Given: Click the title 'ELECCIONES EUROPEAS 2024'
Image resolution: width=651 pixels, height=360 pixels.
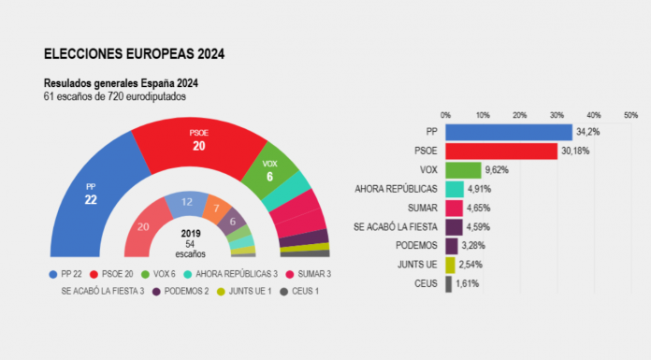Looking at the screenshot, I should tap(134, 54).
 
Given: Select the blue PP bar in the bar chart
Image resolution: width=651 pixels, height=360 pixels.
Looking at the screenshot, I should tap(508, 132).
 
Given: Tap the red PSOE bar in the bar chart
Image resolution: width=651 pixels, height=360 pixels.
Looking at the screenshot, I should tap(500, 151).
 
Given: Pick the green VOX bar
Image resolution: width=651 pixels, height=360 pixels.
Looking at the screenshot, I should tap(463, 170).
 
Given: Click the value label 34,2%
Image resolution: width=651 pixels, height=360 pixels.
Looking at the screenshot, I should tap(587, 132).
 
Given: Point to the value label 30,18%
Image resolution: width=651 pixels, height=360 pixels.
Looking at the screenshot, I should tap(575, 151).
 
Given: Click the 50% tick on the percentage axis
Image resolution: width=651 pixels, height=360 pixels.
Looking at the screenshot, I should tap(636, 114).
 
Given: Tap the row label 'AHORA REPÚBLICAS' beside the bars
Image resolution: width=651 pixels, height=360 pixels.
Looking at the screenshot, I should tap(397, 189).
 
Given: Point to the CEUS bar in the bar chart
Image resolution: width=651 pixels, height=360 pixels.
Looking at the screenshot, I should tap(449, 283).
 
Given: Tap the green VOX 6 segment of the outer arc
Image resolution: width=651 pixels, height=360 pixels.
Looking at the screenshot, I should tap(269, 166).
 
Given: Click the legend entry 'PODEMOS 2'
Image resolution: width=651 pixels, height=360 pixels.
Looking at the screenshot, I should tap(183, 291).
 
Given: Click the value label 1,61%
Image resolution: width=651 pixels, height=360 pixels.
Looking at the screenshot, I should tap(469, 283).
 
